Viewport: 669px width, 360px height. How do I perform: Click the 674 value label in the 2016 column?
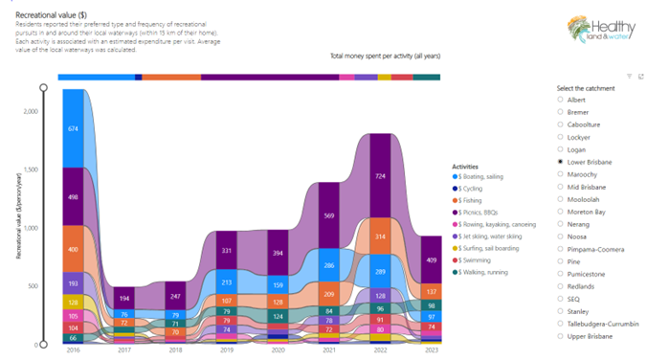[x=73, y=128]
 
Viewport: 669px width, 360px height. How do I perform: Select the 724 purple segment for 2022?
[x=381, y=176]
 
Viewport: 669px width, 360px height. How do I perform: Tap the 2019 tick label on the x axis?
[x=226, y=350]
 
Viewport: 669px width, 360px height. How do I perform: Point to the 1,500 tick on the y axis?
[x=34, y=169]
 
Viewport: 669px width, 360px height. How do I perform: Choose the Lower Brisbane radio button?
[x=560, y=162]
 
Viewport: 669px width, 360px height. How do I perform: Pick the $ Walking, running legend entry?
[x=488, y=271]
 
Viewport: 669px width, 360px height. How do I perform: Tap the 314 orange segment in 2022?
[x=381, y=236]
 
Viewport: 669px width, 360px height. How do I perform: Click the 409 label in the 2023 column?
[x=432, y=259]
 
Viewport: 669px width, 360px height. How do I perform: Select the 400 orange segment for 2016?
[x=73, y=248]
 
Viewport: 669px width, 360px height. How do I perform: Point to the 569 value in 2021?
[x=329, y=215]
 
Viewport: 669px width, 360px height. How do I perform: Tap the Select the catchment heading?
[x=585, y=87]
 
